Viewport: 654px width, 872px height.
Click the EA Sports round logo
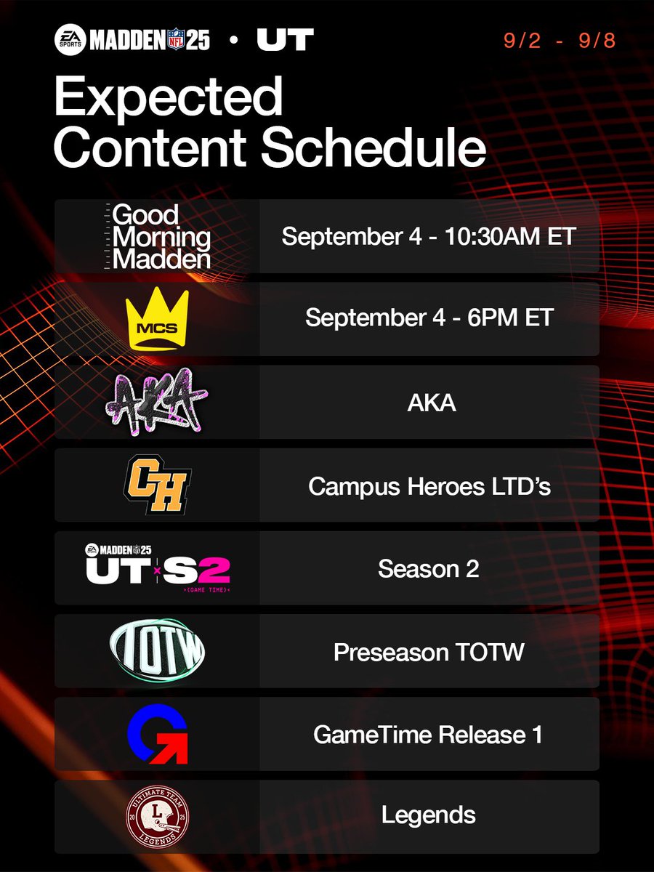[70, 40]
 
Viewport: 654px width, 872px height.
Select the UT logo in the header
[285, 40]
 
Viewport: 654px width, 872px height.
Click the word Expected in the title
[168, 100]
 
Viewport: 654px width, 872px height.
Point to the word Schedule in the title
[374, 148]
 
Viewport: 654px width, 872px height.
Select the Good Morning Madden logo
[156, 237]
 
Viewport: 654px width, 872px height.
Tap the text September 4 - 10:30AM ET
[429, 237]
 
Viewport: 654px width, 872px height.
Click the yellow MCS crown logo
[157, 319]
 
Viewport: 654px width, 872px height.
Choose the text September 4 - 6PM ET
[429, 319]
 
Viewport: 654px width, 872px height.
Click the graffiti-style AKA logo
[156, 402]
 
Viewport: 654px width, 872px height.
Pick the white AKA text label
[429, 403]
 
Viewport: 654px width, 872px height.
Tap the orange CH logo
[156, 485]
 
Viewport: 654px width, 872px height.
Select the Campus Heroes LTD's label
[429, 485]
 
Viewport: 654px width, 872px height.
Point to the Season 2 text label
[429, 568]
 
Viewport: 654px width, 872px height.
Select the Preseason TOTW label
[429, 652]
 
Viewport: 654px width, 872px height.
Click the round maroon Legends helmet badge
[157, 816]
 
